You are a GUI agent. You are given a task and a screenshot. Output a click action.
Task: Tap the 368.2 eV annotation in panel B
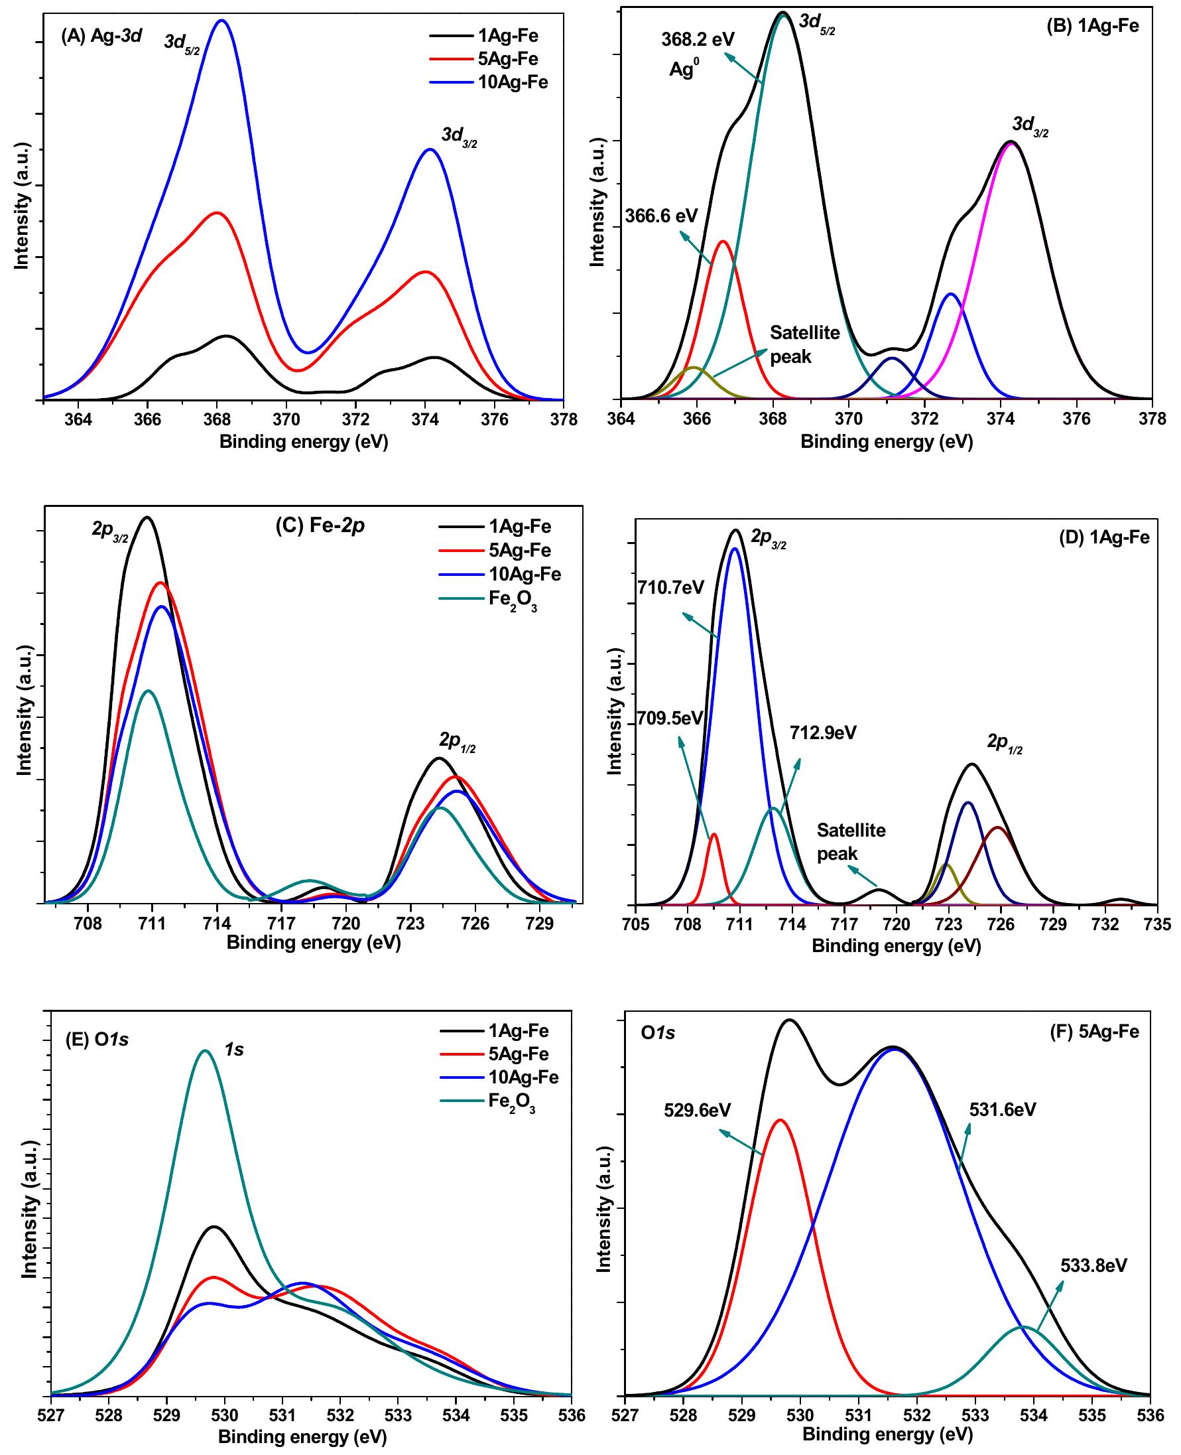click(x=698, y=39)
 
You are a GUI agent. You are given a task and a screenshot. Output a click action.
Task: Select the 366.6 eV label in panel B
click(x=661, y=216)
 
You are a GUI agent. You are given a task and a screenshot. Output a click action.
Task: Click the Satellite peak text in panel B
click(x=804, y=344)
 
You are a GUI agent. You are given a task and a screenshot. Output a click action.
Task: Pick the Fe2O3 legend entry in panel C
click(x=513, y=602)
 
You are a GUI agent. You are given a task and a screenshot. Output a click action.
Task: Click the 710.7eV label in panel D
click(x=670, y=587)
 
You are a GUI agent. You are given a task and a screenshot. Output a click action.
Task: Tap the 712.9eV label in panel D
click(x=822, y=733)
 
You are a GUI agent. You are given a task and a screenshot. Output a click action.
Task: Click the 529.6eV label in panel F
click(x=698, y=1110)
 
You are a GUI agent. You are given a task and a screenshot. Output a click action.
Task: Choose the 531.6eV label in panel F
click(x=1002, y=1109)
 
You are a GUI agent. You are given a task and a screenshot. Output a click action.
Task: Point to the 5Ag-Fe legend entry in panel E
click(x=518, y=1054)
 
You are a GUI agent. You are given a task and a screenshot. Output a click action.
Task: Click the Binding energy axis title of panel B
click(x=887, y=442)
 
